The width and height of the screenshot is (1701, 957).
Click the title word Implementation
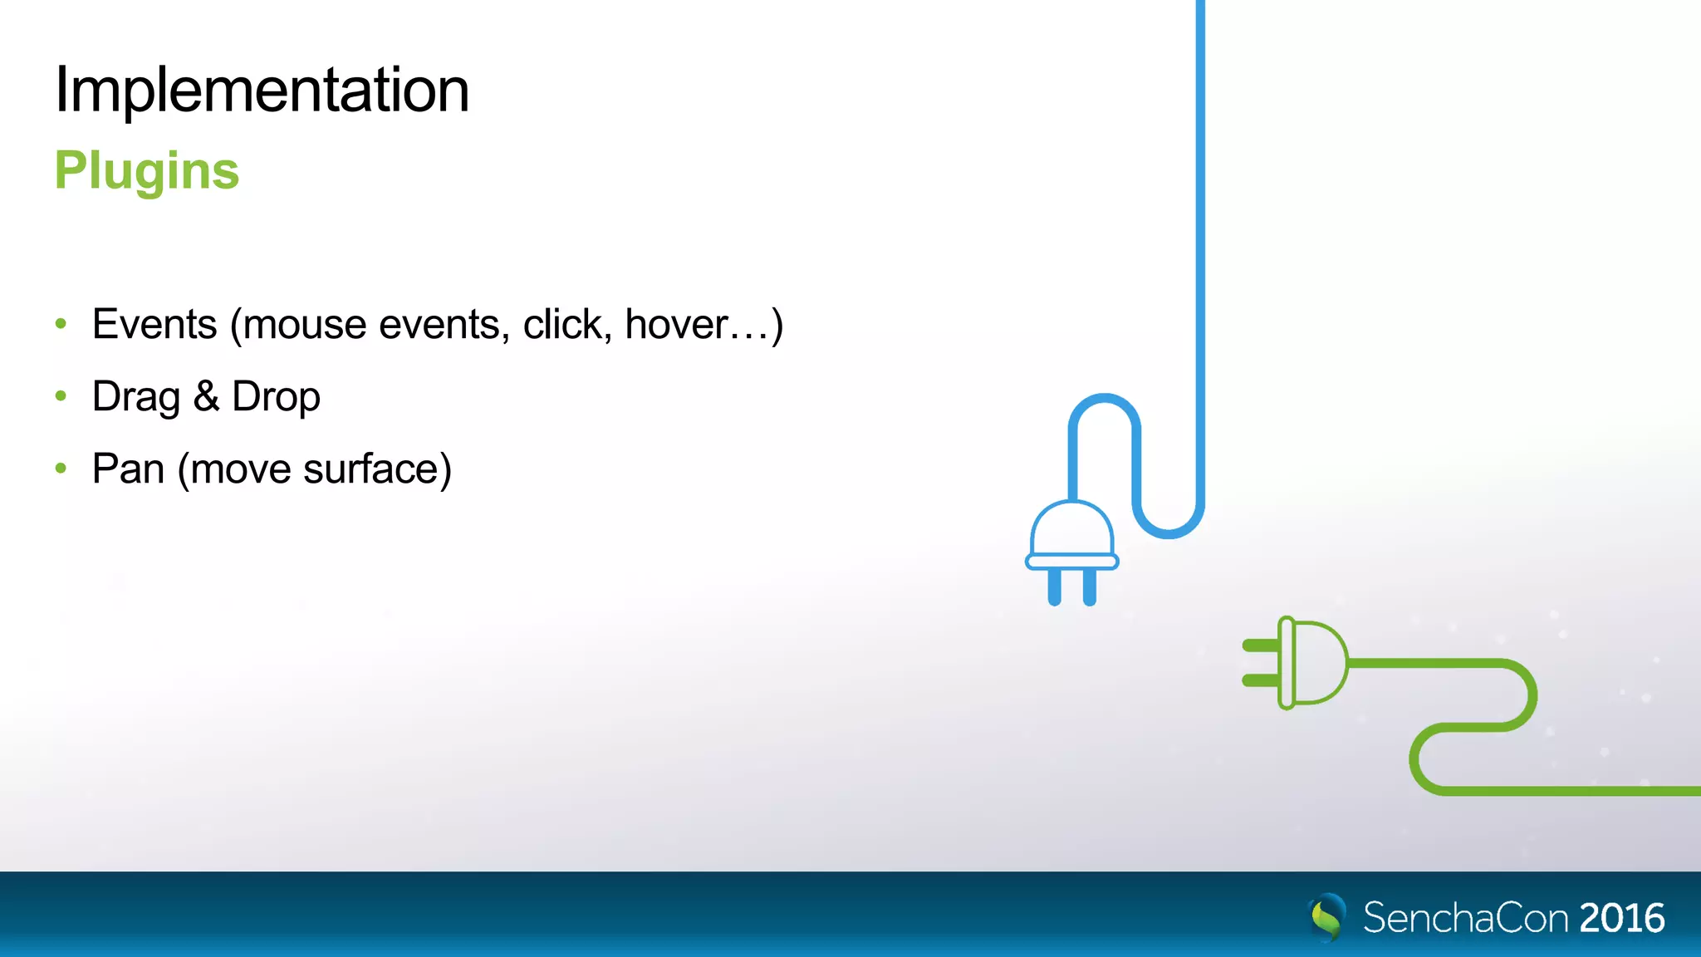[262, 90]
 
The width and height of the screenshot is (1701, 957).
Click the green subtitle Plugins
[147, 171]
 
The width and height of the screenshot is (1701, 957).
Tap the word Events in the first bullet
[154, 324]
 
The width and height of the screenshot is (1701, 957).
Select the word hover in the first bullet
[676, 324]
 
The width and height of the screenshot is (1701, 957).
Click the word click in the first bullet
[561, 324]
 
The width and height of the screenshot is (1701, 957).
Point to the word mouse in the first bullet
[304, 326]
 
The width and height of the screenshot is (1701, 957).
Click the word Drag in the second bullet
[135, 397]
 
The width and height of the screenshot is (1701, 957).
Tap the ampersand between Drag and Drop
[206, 396]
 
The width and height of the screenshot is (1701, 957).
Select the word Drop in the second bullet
[276, 397]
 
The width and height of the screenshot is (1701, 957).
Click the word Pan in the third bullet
[128, 469]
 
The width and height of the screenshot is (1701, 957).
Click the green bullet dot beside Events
[61, 323]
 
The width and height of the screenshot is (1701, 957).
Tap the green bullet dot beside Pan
[61, 469]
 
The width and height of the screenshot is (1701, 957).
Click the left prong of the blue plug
[1054, 586]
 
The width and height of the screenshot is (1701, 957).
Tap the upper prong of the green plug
[1260, 645]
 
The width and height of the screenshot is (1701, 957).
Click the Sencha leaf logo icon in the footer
[1327, 917]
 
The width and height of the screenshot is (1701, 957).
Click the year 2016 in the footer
[1621, 918]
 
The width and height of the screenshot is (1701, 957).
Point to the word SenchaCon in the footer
[1465, 918]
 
